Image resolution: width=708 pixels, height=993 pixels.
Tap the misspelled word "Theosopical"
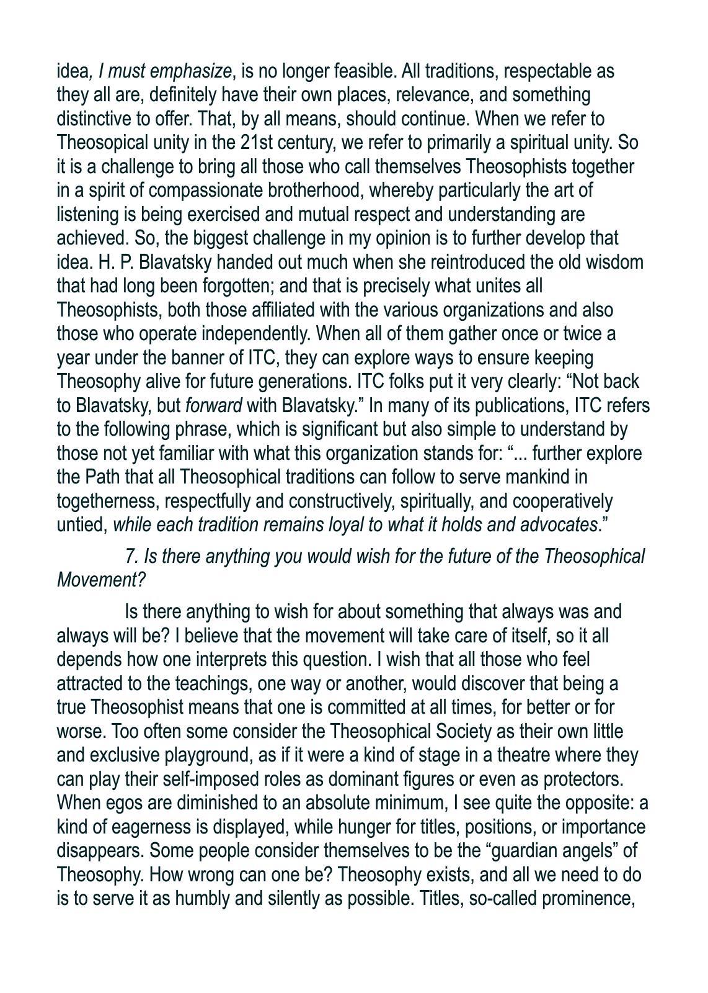click(x=99, y=143)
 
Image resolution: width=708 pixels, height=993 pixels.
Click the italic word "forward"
click(x=213, y=406)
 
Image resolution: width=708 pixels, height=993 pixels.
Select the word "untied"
click(x=81, y=525)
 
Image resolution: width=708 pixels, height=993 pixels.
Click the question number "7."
click(x=131, y=556)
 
